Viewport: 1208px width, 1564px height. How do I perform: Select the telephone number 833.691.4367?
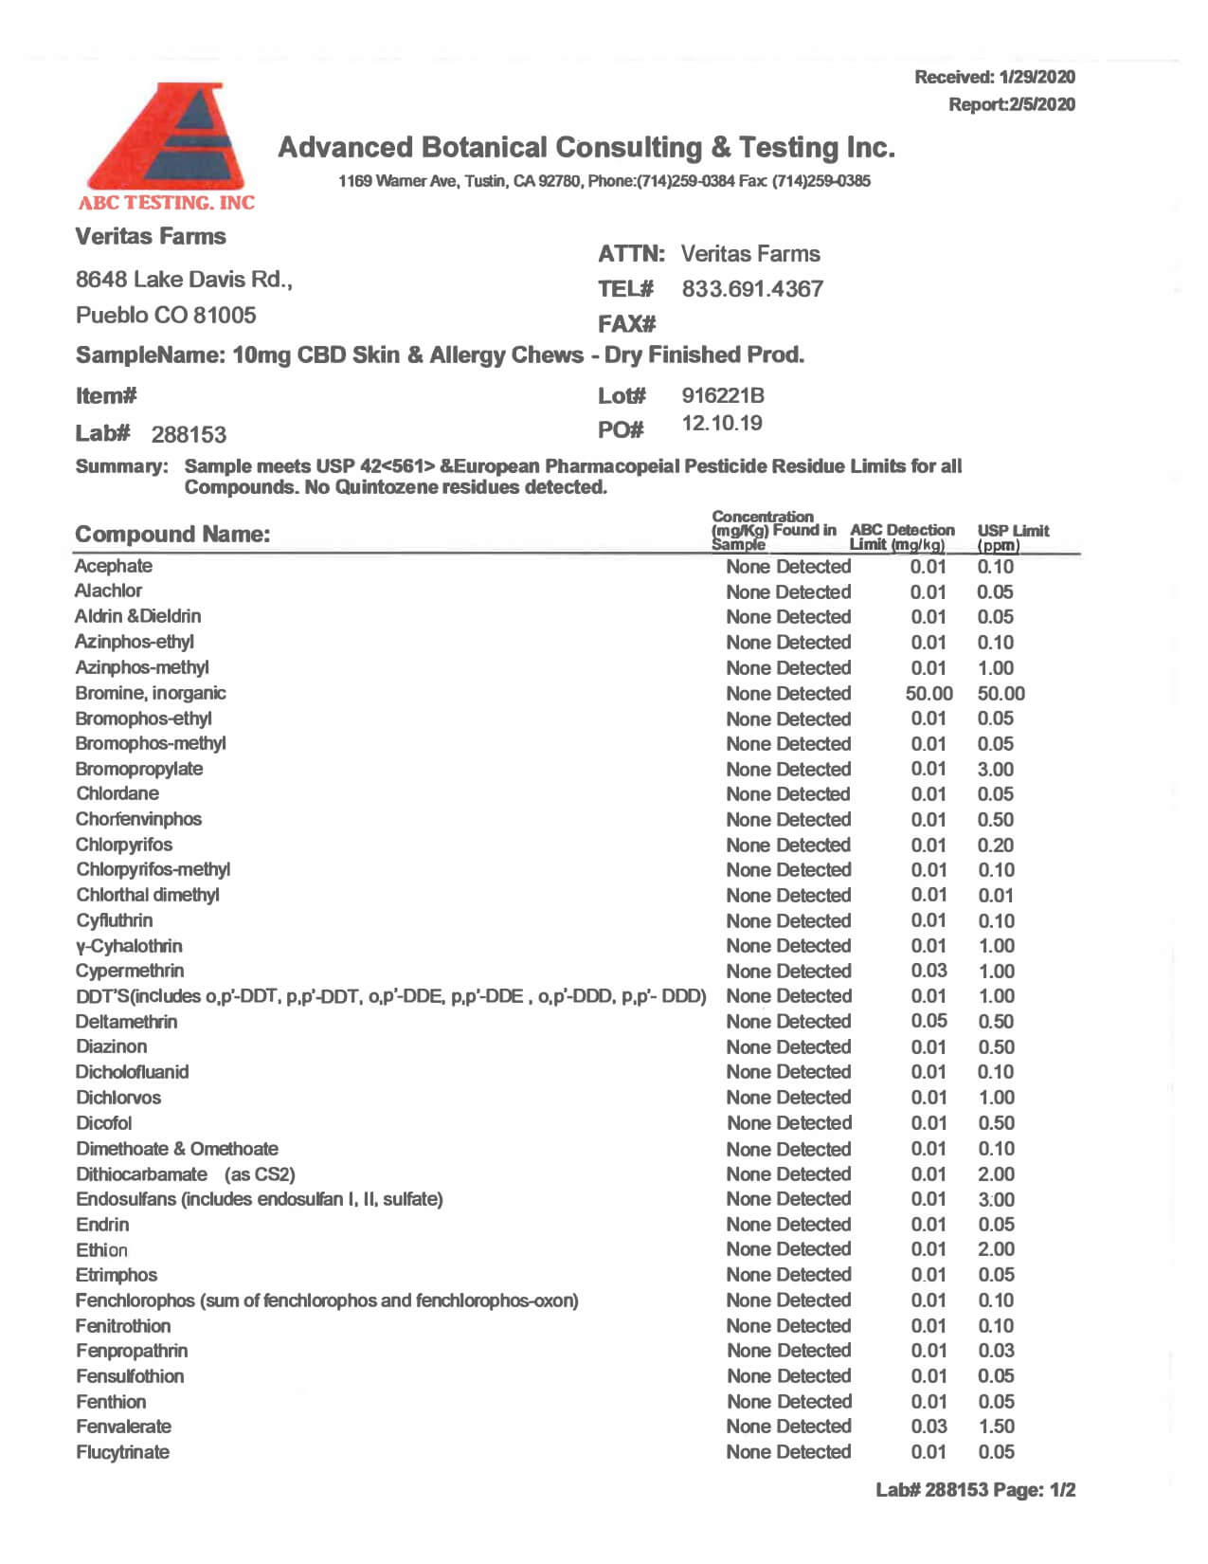click(x=752, y=289)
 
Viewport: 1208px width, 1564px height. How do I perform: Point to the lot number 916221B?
click(x=723, y=395)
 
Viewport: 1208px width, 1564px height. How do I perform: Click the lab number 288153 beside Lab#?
click(x=189, y=435)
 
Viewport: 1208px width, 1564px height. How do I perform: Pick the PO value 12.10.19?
click(x=722, y=423)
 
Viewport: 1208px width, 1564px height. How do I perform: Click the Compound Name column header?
click(x=172, y=535)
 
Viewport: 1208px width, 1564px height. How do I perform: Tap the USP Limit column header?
click(x=1013, y=537)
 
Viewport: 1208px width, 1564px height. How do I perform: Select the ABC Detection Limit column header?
click(x=901, y=536)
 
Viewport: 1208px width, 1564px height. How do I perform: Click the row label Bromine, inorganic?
click(x=151, y=693)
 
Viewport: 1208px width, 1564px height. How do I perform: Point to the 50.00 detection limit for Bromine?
click(x=929, y=694)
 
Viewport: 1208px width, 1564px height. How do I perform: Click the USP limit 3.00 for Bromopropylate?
click(x=996, y=770)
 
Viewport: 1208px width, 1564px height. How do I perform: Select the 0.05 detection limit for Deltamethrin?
click(x=929, y=1021)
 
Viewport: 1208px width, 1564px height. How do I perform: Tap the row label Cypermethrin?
click(x=130, y=971)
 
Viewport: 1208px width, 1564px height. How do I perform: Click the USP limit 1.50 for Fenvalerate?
click(x=996, y=1427)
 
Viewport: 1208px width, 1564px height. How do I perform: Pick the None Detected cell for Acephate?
click(x=788, y=567)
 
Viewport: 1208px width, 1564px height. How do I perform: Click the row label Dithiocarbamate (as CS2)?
click(x=186, y=1174)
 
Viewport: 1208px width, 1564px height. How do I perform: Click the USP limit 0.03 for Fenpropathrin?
click(x=996, y=1351)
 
